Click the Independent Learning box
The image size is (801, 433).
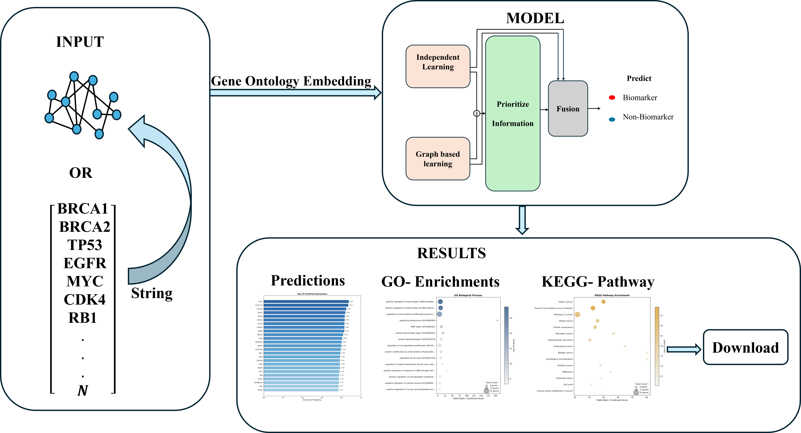pos(438,66)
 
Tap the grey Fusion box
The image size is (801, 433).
pos(568,108)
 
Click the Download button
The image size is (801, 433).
pos(745,347)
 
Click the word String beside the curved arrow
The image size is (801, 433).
pos(152,293)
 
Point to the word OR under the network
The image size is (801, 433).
pos(81,173)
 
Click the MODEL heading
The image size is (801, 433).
pos(535,18)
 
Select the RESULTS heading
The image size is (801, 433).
pos(451,253)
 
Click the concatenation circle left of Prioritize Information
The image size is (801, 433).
pos(476,113)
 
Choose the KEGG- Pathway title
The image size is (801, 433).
pos(598,282)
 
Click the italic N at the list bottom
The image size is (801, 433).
pos(83,390)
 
